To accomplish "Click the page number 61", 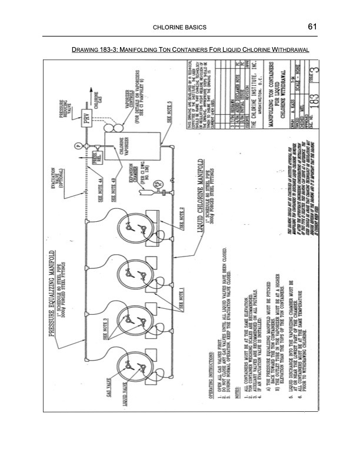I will (312, 26).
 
